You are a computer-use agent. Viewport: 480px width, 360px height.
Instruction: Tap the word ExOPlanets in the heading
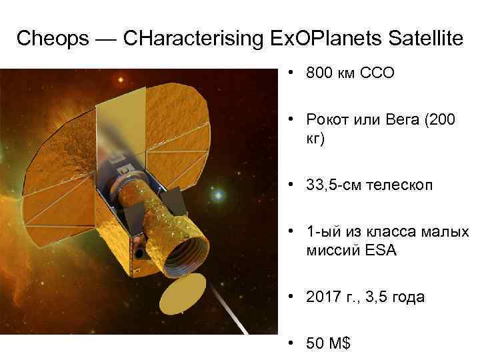[306, 39]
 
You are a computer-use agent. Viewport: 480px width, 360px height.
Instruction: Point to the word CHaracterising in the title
[187, 39]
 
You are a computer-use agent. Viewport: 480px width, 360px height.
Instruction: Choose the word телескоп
[400, 185]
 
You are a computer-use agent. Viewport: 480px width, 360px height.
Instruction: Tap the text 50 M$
[328, 345]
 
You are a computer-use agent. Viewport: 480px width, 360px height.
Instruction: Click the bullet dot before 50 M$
[293, 345]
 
